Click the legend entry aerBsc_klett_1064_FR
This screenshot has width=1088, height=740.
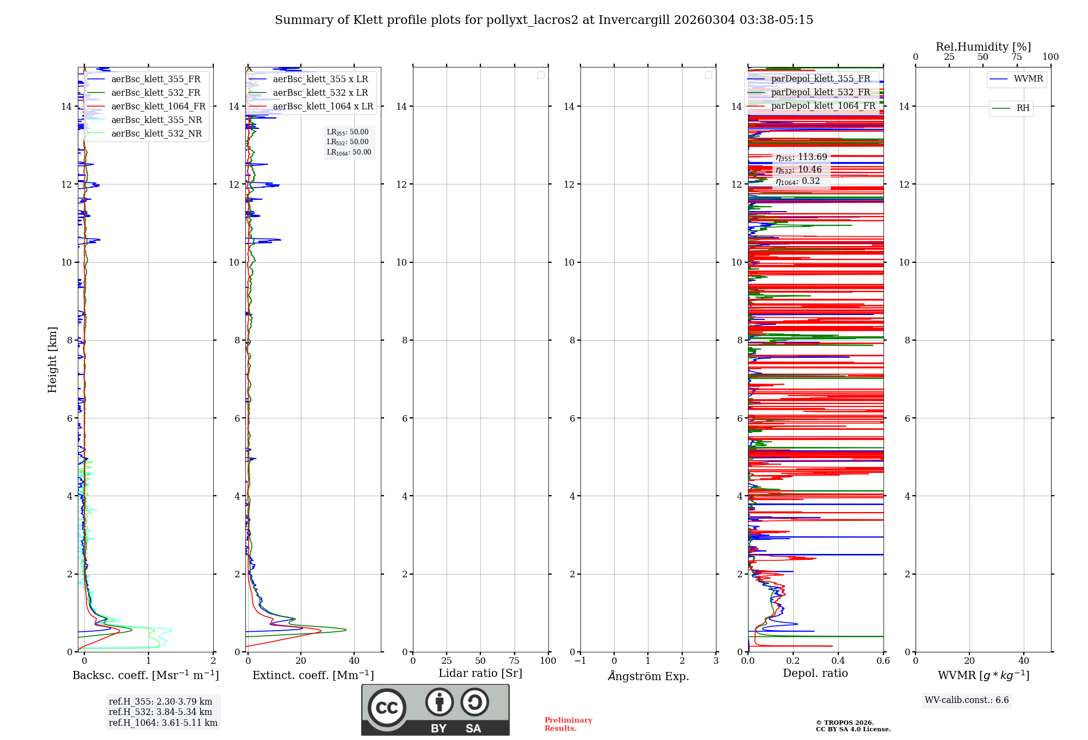(158, 107)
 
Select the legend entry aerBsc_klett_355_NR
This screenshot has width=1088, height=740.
(157, 120)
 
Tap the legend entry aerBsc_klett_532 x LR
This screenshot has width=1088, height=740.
(320, 93)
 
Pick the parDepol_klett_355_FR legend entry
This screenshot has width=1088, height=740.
(820, 79)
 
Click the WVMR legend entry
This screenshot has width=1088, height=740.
(1028, 79)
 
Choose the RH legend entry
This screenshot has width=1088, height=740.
(1023, 108)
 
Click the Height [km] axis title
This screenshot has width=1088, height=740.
(52, 360)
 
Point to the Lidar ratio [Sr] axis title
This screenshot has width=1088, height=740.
(480, 674)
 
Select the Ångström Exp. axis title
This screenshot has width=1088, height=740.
(648, 676)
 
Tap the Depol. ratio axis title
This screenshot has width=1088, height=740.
(815, 674)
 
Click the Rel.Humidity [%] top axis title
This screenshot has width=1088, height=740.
(983, 47)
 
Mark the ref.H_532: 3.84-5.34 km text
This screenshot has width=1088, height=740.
(160, 712)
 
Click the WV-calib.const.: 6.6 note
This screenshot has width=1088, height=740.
(967, 700)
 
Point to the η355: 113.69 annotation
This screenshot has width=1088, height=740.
(801, 157)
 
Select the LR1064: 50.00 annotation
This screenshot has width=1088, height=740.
(349, 152)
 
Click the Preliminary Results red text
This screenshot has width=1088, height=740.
(568, 724)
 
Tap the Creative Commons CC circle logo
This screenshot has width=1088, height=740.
(387, 708)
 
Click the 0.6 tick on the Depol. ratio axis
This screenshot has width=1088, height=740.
(883, 661)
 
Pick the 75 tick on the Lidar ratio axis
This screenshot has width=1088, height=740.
(514, 661)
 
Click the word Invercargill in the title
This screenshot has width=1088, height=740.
(634, 20)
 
